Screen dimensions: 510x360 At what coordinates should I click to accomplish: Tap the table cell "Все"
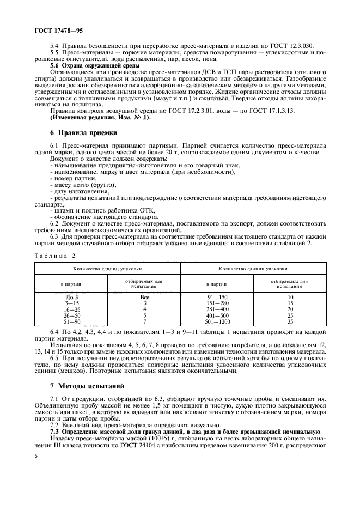click(145, 297)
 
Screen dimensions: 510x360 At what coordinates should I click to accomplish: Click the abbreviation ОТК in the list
click(147, 211)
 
